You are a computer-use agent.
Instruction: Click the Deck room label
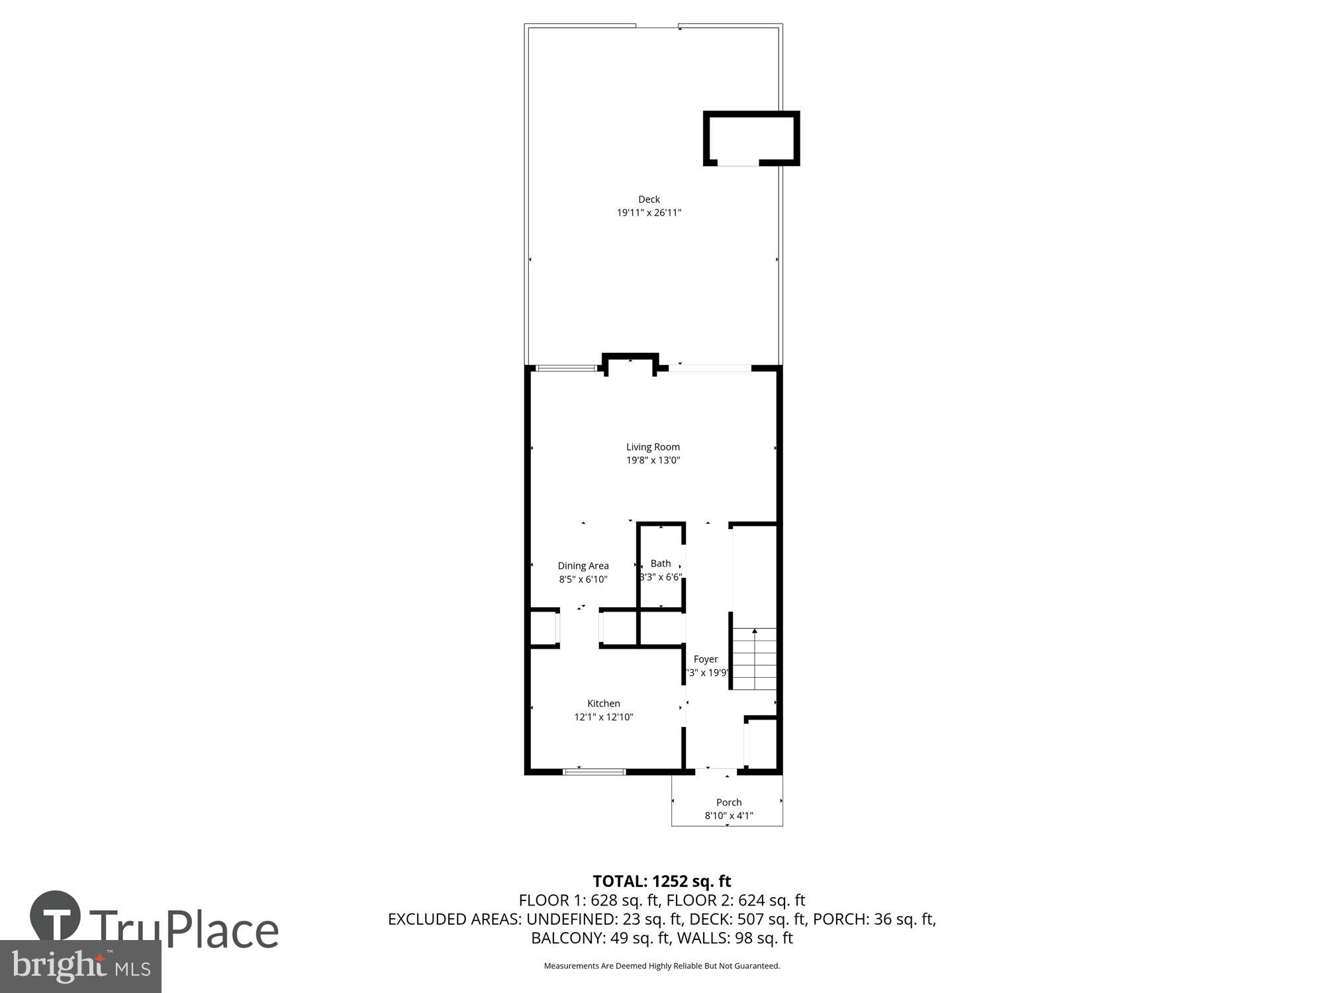coord(649,199)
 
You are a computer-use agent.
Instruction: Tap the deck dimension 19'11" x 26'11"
coord(649,213)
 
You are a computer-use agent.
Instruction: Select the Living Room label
coord(653,447)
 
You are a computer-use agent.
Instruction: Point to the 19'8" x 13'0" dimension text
coord(653,460)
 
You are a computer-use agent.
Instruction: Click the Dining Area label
coord(583,565)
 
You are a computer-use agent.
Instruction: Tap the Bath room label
coord(660,563)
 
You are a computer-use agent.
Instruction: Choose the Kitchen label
coord(603,703)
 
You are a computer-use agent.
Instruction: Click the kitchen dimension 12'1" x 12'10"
coord(603,716)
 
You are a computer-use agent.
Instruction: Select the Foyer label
coord(705,659)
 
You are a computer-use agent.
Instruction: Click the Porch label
coord(728,802)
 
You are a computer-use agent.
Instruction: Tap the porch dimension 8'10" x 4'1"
coord(728,816)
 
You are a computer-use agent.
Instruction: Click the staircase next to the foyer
coord(754,659)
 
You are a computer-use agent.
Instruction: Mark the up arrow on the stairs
coord(754,633)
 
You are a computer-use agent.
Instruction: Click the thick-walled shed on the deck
coord(751,138)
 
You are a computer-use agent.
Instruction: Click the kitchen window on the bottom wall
coord(594,771)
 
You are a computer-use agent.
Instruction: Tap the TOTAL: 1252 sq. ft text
coord(661,881)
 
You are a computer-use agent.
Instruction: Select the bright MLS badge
coord(80,967)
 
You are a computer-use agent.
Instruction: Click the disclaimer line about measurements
coord(661,966)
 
